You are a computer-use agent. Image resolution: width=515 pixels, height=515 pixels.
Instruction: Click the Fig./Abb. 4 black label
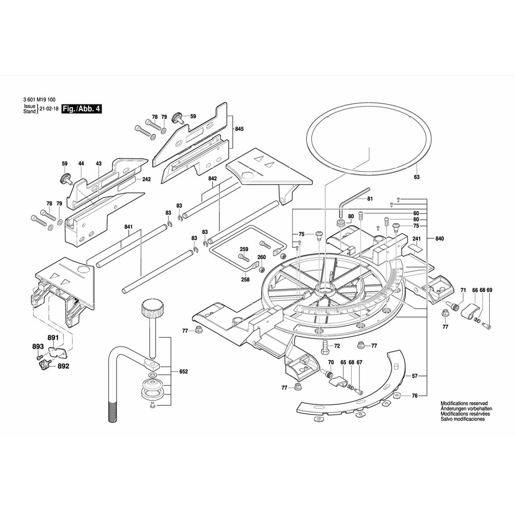[81, 109]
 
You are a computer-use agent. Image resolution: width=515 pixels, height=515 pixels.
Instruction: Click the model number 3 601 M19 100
[40, 100]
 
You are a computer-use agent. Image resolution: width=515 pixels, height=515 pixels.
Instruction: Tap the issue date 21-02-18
[48, 109]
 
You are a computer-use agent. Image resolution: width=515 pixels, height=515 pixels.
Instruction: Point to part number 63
[417, 177]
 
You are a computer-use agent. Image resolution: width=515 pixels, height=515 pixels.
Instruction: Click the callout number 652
[183, 371]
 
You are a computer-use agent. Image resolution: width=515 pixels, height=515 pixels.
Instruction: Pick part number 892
[63, 367]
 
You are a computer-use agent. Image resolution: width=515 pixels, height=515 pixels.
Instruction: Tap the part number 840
[439, 238]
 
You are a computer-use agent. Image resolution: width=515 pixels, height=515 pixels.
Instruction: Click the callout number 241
[416, 238]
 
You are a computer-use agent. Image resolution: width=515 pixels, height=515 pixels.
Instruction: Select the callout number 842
[212, 178]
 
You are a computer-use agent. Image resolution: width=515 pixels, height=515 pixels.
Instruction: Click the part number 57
[415, 376]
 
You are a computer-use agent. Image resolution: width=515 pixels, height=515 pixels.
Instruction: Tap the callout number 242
[146, 179]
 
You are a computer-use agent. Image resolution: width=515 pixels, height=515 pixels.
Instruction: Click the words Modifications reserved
[464, 404]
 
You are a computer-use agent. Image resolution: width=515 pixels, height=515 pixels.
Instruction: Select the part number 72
[337, 346]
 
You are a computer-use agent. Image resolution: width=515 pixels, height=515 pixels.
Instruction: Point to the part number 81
[370, 199]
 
